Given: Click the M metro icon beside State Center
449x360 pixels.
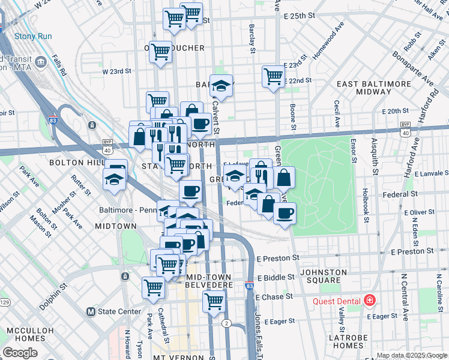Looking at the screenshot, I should (91, 311).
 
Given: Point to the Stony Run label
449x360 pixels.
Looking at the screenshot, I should (32, 36).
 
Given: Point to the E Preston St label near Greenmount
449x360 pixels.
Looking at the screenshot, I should (277, 258).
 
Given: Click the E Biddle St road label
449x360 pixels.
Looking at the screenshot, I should (276, 278).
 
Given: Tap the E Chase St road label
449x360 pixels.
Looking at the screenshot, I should (274, 297).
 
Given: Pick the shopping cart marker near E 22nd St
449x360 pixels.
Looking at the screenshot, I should (273, 77).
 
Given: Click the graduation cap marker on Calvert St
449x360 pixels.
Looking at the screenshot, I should (221, 86).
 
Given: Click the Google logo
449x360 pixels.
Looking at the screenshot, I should (20, 353).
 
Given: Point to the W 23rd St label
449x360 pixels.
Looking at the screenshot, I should (116, 71).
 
